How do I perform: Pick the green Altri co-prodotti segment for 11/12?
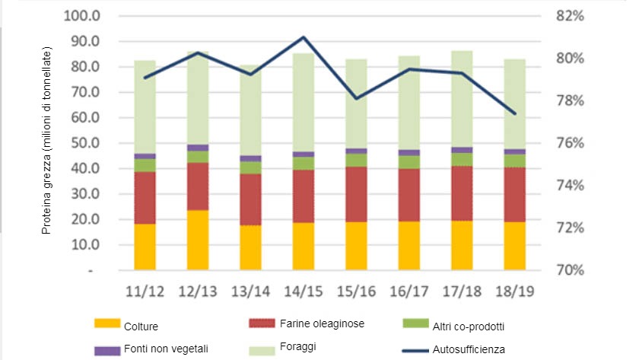click(x=145, y=165)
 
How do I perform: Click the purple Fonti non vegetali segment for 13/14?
click(x=250, y=158)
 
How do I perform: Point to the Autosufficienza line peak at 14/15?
click(x=304, y=37)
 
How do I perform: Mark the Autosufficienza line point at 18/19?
click(x=513, y=113)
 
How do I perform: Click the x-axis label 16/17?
click(x=409, y=293)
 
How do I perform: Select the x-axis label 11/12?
click(x=145, y=293)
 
